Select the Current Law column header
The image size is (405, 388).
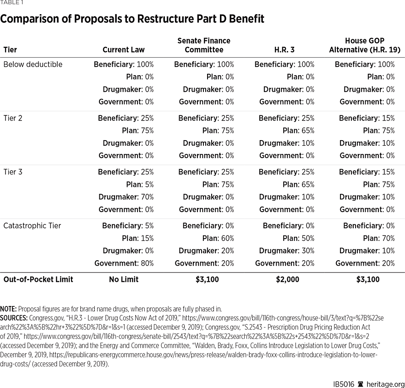coord(123,49)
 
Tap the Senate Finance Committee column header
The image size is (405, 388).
coord(204,45)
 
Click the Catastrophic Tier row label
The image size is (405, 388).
coord(32,226)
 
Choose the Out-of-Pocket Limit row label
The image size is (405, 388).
coord(38,279)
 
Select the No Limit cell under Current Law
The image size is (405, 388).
coord(124,279)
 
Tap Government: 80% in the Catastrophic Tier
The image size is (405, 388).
coord(124,263)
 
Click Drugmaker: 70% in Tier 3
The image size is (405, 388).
coord(126,197)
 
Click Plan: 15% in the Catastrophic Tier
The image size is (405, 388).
coord(140,238)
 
